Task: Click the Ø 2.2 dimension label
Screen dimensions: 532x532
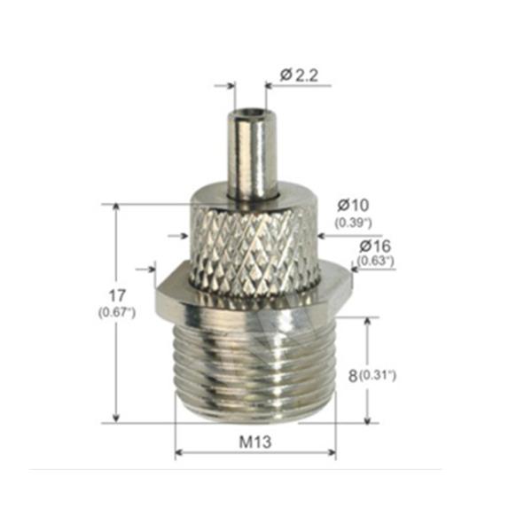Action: point(299,75)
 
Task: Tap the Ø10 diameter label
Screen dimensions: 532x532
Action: point(353,205)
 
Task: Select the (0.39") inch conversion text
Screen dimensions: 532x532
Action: point(353,223)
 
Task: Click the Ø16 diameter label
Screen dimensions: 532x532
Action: point(375,246)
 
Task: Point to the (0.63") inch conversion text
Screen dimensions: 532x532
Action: point(375,261)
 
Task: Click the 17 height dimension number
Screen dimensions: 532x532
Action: point(117,296)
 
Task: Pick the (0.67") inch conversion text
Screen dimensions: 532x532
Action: point(117,312)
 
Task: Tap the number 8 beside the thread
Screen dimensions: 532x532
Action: point(353,376)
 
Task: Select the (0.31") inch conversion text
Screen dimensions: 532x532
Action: point(378,375)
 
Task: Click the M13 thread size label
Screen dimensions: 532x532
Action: point(255,442)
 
